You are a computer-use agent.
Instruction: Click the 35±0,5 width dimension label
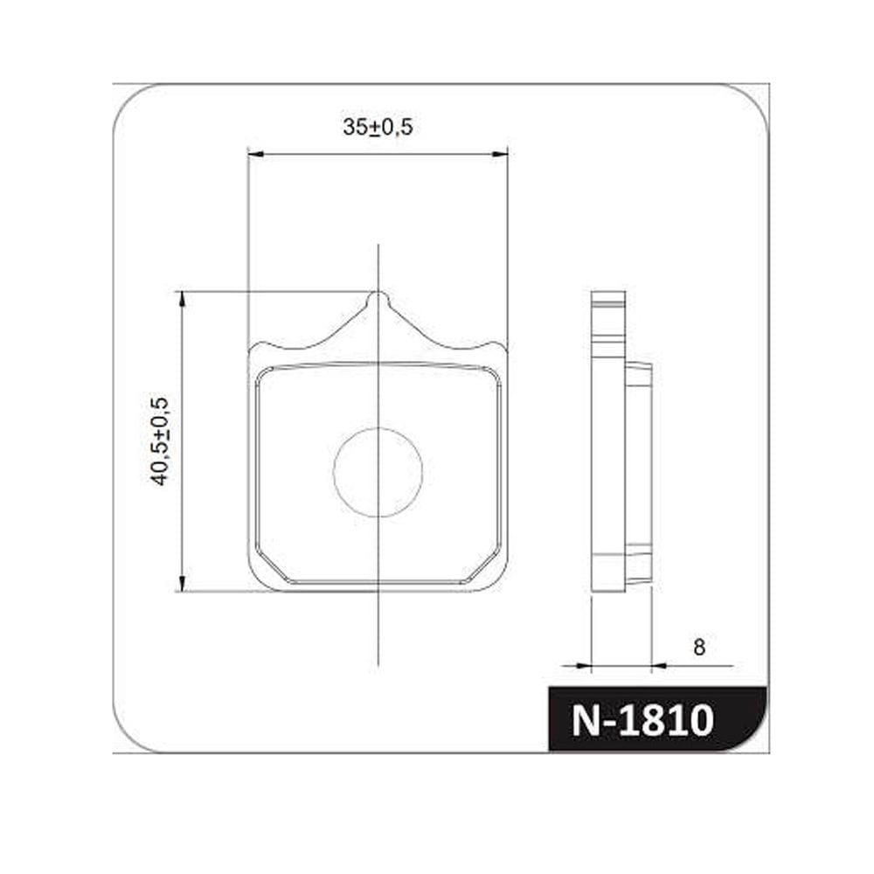pos(378,127)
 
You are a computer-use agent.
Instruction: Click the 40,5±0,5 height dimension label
pos(159,441)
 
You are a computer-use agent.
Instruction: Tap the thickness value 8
pos(699,647)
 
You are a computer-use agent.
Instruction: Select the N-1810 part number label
pos(642,719)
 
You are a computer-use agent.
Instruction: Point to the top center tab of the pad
pos(378,301)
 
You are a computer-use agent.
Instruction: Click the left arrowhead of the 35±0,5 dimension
pos(254,154)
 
